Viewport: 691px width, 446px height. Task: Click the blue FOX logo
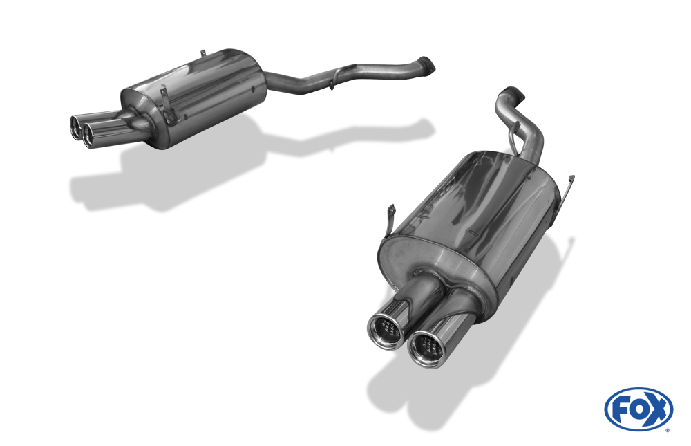pyautogui.click(x=638, y=409)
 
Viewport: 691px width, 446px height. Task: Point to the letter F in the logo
pyautogui.click(x=619, y=410)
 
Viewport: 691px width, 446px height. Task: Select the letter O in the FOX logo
pyautogui.click(x=638, y=410)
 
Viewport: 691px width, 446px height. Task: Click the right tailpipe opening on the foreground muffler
pyautogui.click(x=427, y=349)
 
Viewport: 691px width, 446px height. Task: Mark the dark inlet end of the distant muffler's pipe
pyautogui.click(x=426, y=64)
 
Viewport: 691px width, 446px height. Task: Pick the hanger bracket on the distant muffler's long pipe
pyautogui.click(x=337, y=76)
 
